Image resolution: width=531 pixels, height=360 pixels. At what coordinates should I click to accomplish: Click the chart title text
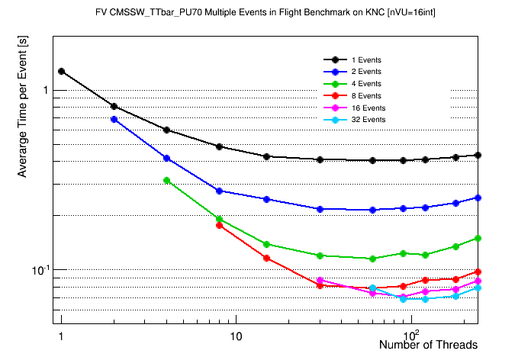(x=265, y=14)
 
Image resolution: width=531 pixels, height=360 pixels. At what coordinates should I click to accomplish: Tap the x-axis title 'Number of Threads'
(x=428, y=345)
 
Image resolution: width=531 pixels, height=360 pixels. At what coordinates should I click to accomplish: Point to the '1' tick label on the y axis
(x=44, y=90)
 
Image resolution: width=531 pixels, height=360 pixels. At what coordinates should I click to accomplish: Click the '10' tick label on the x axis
(x=236, y=336)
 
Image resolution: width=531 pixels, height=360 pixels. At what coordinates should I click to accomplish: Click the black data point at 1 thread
(x=61, y=72)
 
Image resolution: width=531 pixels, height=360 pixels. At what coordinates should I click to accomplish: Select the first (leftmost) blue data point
(x=114, y=119)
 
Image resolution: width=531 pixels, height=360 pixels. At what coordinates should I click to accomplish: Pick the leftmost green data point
(x=166, y=181)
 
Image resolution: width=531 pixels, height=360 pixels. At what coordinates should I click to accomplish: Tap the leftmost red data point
(x=219, y=225)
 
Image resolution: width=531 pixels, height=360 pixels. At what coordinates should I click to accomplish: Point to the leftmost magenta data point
(x=320, y=281)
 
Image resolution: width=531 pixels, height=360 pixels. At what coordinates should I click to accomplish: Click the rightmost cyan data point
(x=478, y=288)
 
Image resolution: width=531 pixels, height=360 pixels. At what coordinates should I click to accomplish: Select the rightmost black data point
(x=478, y=155)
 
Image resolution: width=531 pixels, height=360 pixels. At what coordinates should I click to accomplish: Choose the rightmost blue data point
(x=478, y=198)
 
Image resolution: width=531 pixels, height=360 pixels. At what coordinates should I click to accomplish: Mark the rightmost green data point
(x=478, y=238)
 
